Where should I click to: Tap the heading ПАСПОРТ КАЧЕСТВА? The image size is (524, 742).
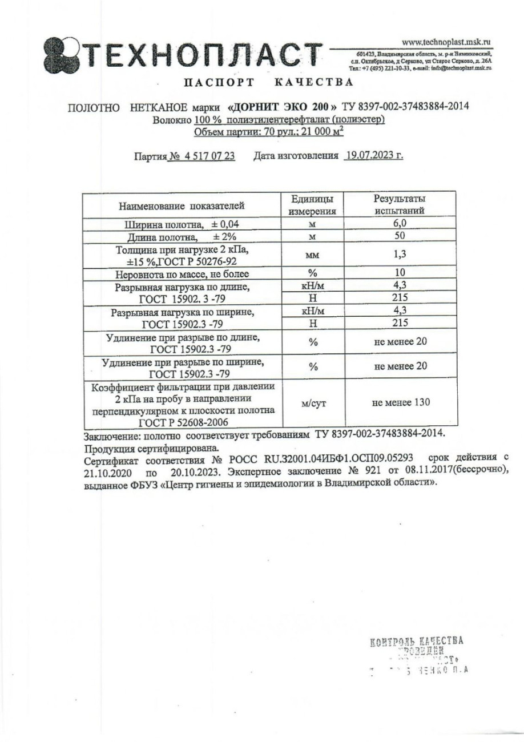[267, 82]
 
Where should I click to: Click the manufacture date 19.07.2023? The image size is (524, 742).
[373, 155]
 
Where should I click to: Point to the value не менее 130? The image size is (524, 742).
[401, 402]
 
